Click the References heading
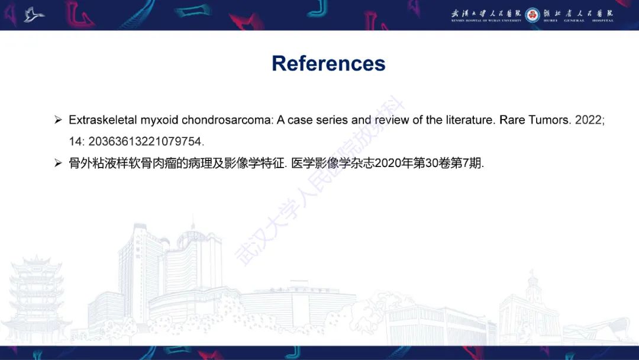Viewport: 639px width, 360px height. click(x=328, y=63)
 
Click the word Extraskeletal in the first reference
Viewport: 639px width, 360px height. click(x=102, y=120)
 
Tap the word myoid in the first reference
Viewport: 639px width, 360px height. click(x=159, y=120)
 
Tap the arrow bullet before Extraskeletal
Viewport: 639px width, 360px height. click(x=58, y=120)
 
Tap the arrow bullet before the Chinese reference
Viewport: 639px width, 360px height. click(x=58, y=163)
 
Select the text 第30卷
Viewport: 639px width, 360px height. click(x=431, y=163)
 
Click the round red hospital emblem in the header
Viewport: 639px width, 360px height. click(x=532, y=15)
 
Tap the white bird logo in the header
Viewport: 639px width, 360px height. click(x=34, y=14)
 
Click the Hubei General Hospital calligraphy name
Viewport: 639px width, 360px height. click(x=579, y=13)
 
